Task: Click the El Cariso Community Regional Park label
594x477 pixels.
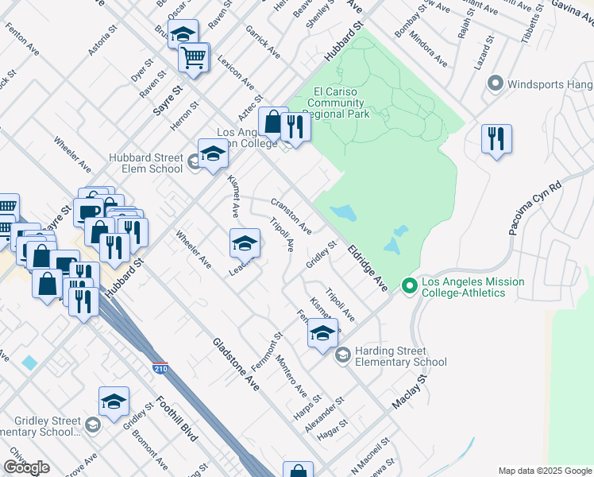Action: [339, 103]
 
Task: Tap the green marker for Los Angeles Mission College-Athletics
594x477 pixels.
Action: [410, 284]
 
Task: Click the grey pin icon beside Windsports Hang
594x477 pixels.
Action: [496, 83]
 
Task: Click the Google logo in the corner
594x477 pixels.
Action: [26, 468]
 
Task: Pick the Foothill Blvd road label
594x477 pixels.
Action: [176, 418]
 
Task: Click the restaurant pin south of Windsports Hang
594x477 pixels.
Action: [496, 139]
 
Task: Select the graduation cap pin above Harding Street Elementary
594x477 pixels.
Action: [322, 333]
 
